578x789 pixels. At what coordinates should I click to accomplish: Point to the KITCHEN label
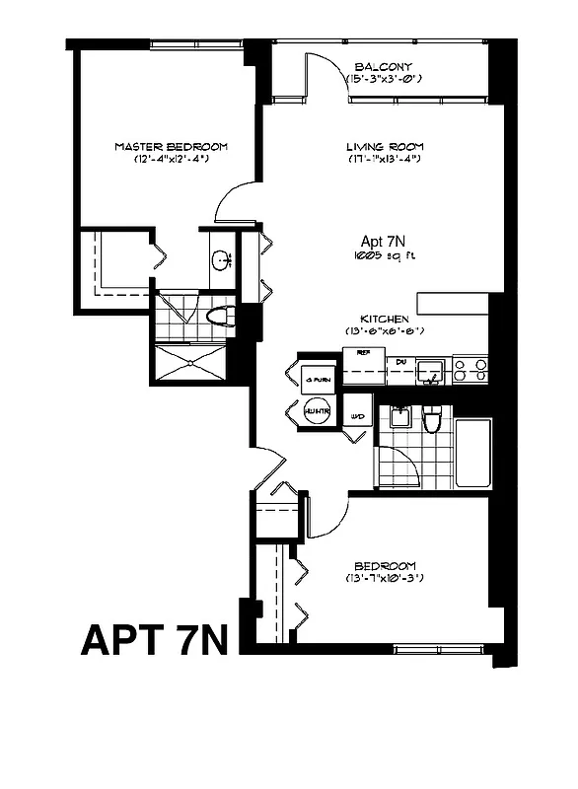pos(384,319)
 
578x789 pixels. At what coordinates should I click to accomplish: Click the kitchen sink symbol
pos(428,371)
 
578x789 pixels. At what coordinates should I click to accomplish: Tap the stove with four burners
pos(470,370)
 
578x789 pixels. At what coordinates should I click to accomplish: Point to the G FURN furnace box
pos(317,375)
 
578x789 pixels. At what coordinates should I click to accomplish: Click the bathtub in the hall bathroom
pos(473,453)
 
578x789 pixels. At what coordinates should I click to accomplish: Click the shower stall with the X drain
pos(194,363)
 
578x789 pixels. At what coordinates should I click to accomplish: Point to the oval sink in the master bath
pos(220,261)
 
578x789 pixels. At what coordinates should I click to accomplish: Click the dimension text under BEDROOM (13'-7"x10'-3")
pos(384,577)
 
